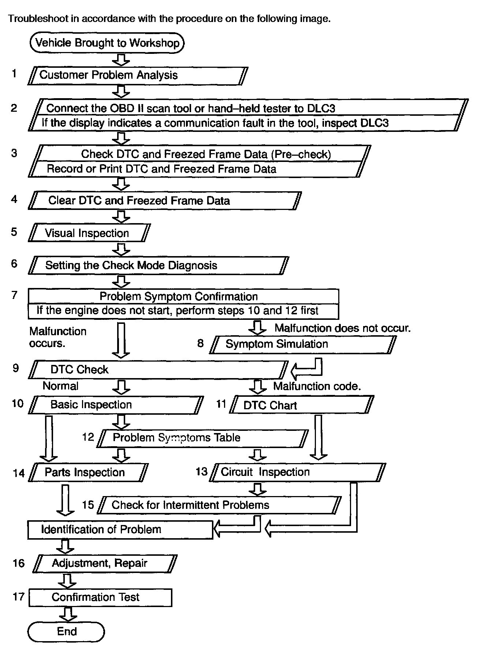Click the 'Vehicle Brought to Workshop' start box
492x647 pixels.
coord(107,43)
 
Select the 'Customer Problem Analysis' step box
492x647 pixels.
coord(138,75)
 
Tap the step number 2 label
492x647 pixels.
coord(14,108)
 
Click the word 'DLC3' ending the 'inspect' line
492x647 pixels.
coord(374,123)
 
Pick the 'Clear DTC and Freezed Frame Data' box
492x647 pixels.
coord(165,200)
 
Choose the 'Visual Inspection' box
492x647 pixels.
coord(89,233)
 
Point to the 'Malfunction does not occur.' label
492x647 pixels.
coord(343,328)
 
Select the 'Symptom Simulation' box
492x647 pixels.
coord(302,344)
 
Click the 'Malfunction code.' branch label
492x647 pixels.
coord(317,386)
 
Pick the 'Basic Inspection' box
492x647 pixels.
coord(116,405)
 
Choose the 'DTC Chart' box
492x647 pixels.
coord(301,405)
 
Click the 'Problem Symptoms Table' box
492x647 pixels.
coord(202,438)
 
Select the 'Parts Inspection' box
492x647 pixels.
coord(88,473)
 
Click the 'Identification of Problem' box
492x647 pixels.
coord(120,530)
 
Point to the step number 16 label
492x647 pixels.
coord(18,563)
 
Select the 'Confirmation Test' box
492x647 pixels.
coord(100,598)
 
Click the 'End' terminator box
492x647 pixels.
coord(66,631)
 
